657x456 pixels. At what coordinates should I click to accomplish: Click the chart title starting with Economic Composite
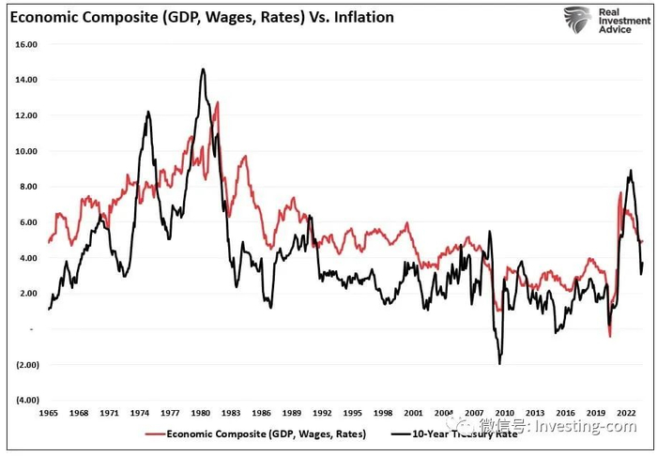(x=200, y=17)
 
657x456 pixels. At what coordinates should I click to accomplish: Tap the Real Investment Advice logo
(x=600, y=20)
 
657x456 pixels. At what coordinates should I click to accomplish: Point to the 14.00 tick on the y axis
(x=25, y=80)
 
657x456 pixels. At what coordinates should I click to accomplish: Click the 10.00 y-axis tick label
(x=25, y=151)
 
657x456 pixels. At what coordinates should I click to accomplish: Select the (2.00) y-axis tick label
(x=25, y=364)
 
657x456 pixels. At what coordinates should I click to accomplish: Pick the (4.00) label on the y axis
(x=25, y=400)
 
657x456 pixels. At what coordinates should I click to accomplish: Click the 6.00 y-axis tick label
(x=27, y=222)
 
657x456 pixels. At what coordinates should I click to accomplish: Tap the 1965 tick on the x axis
(x=49, y=413)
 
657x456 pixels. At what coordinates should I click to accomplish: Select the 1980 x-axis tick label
(x=199, y=413)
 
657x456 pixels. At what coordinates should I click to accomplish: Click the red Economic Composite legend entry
(x=258, y=433)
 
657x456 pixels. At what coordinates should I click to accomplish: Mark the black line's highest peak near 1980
(x=203, y=68)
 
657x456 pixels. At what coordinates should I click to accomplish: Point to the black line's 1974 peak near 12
(x=148, y=112)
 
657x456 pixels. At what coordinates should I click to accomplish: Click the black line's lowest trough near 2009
(x=500, y=364)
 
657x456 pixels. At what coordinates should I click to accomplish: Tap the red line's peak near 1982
(x=218, y=102)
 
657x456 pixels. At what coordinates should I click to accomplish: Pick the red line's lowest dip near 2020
(x=609, y=336)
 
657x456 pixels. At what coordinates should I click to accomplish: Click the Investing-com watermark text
(x=583, y=427)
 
